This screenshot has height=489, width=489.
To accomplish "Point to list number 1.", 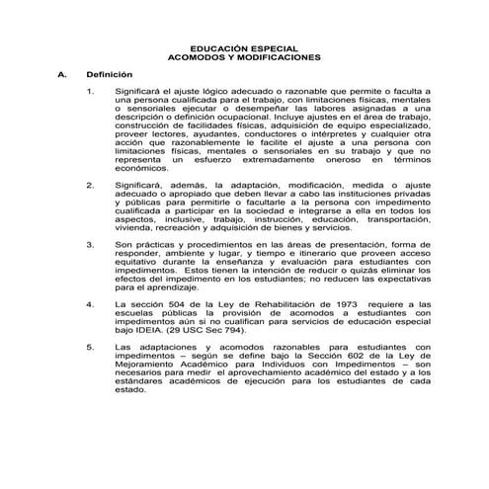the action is coord(91,91).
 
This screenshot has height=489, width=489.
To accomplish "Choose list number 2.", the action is coord(91,185).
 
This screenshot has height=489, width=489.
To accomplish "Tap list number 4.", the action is coord(91,305).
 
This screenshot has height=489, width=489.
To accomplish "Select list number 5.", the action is coord(91,348).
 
